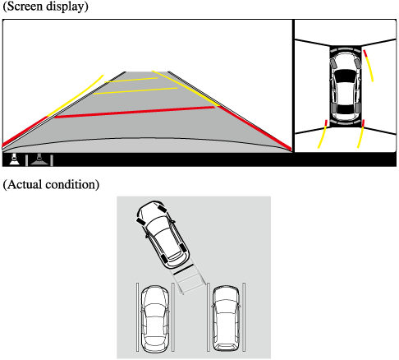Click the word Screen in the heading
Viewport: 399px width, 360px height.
coord(25,6)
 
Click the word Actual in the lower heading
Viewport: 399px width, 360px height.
coord(24,184)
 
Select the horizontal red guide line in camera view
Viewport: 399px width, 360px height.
coord(135,112)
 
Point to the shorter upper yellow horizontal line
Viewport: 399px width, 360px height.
coord(131,80)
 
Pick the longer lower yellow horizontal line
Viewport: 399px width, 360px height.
coord(135,90)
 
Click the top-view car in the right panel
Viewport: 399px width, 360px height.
coord(346,86)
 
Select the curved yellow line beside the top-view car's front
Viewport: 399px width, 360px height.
coord(369,66)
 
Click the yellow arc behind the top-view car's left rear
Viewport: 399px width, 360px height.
coord(322,135)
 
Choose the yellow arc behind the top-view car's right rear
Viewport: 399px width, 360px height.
coord(361,134)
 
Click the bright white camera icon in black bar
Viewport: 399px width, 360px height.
coord(14,159)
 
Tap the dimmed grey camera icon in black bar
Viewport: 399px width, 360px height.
coord(39,159)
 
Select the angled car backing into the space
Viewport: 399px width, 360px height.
coord(163,234)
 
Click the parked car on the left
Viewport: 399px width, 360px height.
coord(154,319)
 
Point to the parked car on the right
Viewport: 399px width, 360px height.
coord(226,318)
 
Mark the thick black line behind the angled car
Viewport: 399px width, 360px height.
coord(183,269)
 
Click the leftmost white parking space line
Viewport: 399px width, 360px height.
coord(138,317)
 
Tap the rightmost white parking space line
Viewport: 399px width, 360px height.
coord(244,317)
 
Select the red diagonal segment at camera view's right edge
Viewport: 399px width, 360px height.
coord(255,127)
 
